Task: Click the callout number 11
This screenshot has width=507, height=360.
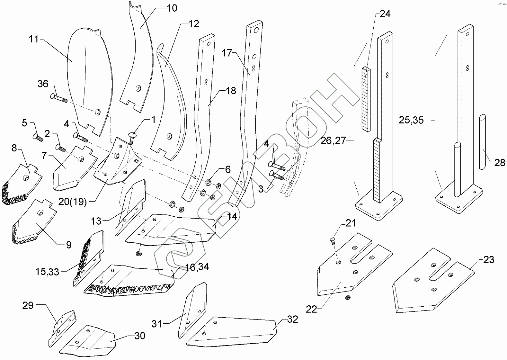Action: point(33,39)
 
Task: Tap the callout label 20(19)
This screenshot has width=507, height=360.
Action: point(73,202)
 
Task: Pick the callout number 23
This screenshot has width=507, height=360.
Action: point(488,259)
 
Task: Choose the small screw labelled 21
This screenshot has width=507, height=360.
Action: point(333,240)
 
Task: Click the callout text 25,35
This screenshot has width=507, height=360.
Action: point(411,120)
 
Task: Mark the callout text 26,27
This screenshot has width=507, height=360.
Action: point(333,140)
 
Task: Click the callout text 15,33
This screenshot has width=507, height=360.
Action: point(47,272)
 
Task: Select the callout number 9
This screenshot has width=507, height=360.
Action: point(69,245)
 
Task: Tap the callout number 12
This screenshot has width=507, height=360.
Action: point(194,24)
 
